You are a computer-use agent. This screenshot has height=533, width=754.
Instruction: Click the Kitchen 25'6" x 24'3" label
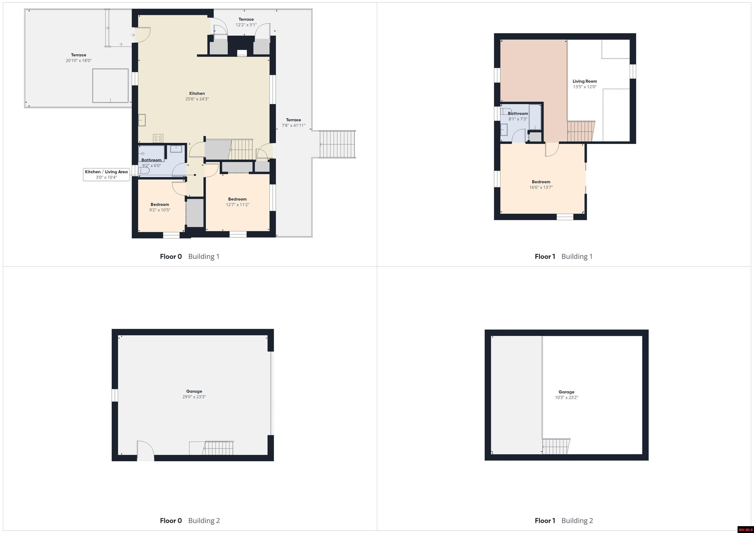(197, 96)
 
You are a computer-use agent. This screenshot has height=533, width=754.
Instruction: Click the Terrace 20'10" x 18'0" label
(79, 58)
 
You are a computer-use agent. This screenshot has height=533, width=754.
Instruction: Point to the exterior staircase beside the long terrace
(337, 144)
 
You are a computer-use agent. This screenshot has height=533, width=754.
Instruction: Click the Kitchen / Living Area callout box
(106, 175)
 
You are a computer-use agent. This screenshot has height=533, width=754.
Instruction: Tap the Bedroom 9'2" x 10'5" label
(160, 207)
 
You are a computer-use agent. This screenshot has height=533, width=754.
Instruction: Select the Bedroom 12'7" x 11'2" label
(237, 202)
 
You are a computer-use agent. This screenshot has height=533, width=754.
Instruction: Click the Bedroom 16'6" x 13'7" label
(541, 184)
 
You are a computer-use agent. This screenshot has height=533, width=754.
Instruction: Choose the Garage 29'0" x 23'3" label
(194, 394)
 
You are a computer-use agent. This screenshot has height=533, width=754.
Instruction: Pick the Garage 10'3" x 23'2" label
(566, 394)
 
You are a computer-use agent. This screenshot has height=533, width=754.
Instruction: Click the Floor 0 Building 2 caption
(190, 520)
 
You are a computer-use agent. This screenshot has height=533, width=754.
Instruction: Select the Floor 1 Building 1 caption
(564, 256)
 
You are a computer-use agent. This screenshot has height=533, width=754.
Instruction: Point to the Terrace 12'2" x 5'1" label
(246, 22)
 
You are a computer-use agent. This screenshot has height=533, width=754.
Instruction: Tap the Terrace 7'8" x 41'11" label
(293, 122)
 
